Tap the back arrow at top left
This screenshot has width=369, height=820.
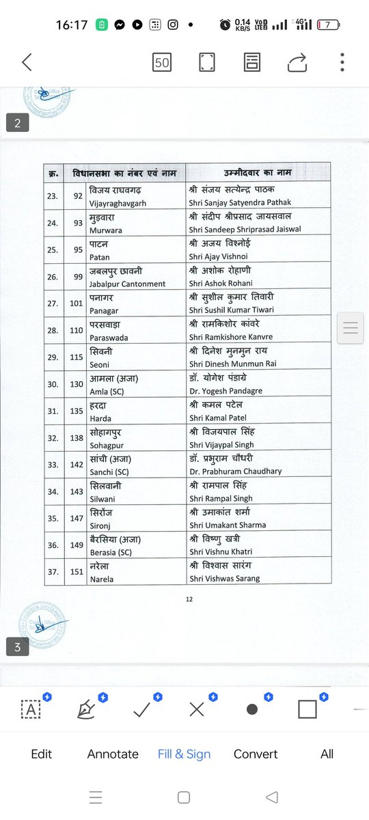(x=27, y=63)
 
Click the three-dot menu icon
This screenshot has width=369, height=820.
(x=342, y=62)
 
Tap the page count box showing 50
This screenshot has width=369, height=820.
(x=162, y=63)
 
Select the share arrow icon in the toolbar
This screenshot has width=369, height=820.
(x=297, y=63)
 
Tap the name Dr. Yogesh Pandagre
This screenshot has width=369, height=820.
(x=225, y=391)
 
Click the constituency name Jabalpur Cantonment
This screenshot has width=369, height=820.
(x=127, y=284)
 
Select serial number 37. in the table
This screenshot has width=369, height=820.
(x=52, y=573)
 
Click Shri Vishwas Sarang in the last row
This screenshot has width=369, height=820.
(x=224, y=579)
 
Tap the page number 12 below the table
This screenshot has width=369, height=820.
(x=189, y=599)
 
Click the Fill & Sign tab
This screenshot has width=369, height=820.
(x=184, y=754)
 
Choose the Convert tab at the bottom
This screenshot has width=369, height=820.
(x=256, y=754)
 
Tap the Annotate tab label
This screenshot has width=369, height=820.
(x=113, y=754)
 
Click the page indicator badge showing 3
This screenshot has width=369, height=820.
(x=17, y=646)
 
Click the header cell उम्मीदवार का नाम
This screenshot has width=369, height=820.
(x=258, y=173)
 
